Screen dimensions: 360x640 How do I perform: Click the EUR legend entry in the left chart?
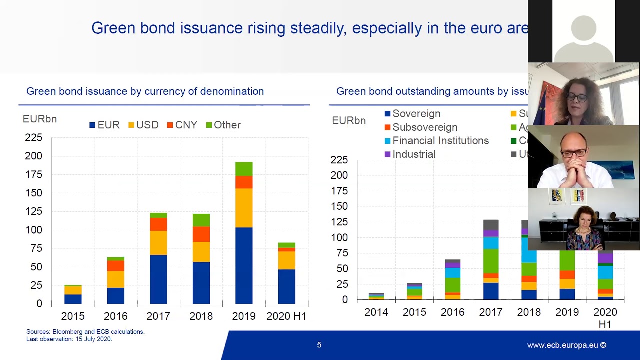coord(105,125)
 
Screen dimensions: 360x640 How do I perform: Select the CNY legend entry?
coord(182,125)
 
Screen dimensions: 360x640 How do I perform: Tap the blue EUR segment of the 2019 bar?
coord(244,265)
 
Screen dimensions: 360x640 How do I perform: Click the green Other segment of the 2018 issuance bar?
coord(201,220)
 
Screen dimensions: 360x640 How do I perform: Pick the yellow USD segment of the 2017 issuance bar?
coord(158,243)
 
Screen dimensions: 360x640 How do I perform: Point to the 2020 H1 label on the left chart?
coord(286,316)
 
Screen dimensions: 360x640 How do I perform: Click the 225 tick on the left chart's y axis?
coord(33,137)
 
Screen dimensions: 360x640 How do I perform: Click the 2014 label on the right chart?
coord(376,312)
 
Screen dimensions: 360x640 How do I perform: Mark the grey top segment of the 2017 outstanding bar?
coord(491,224)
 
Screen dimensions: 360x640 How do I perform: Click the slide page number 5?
coord(319,345)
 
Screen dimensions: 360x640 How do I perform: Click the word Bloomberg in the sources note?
coord(65,332)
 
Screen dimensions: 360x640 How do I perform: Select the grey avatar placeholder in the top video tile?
coord(583,37)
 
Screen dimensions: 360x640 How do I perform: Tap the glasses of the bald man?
coord(574,153)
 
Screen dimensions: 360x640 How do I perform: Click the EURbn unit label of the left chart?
coord(40,119)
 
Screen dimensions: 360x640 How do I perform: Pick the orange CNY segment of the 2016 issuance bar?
coord(115,265)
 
